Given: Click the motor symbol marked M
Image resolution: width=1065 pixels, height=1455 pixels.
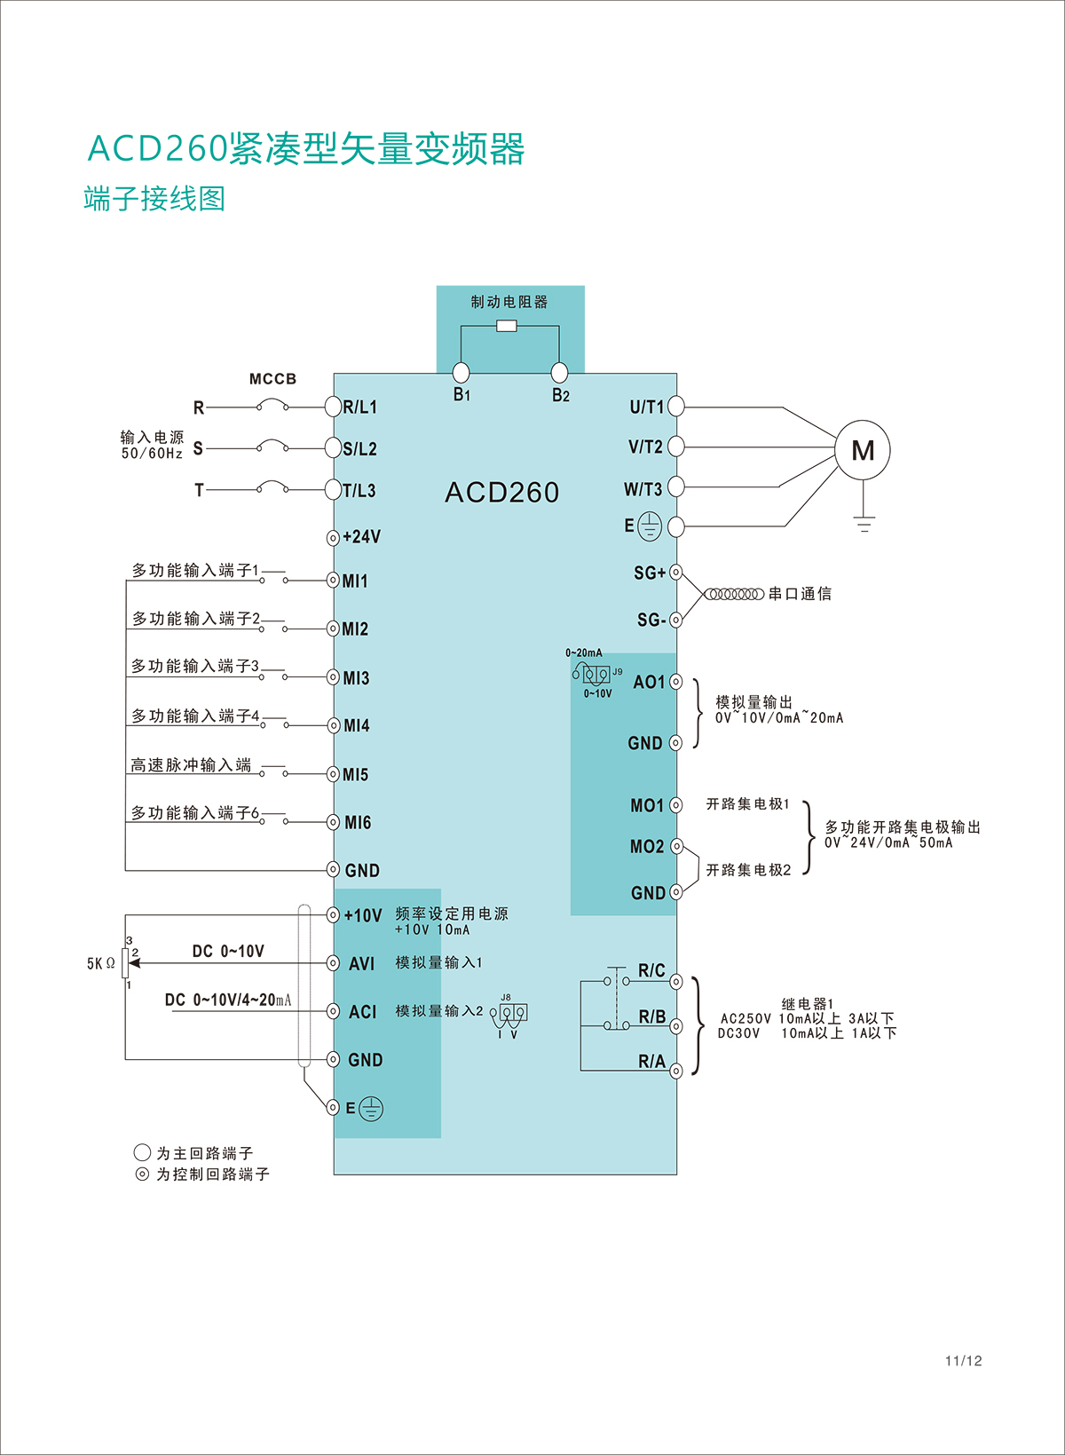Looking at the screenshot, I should pos(862,451).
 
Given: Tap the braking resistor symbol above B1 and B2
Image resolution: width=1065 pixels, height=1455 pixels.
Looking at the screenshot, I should pos(507,326).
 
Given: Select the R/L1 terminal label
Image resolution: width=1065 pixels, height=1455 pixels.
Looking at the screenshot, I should pos(360,407).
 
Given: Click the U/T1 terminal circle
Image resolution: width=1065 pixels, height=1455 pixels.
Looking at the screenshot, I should pos(676,407).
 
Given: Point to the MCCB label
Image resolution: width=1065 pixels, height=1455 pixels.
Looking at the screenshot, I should pos(272,379).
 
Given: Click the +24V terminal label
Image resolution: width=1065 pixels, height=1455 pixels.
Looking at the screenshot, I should pos(362,537).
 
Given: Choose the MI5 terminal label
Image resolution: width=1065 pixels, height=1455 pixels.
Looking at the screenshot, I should pos(356,775).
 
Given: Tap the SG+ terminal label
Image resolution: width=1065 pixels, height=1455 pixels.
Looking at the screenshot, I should pos(650,573).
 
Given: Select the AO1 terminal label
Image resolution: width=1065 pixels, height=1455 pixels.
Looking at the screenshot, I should pos(649,683).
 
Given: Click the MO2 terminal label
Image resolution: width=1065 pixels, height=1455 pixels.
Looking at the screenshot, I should pos(647,847).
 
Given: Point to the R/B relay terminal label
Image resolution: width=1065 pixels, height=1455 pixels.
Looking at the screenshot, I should pos(652,1017).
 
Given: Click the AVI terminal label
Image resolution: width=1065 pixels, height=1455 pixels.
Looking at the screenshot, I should pos(362,964).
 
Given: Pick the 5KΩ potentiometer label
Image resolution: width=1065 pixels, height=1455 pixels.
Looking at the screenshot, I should pos(100,964).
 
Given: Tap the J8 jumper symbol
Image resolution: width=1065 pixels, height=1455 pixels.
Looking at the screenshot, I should pos(513,1013).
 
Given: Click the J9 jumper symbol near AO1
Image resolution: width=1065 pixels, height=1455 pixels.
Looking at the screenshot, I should pos(596,674).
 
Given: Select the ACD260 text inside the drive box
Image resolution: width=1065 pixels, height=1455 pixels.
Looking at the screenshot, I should pos(502,493).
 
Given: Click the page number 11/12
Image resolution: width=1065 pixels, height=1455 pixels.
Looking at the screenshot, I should pos(963,1361).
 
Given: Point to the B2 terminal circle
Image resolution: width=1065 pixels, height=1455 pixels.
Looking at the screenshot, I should pos(559,372).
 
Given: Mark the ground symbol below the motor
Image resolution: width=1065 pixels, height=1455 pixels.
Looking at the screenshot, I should pos(864,523).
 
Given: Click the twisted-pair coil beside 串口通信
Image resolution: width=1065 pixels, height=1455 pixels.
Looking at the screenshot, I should pos(734,594).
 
